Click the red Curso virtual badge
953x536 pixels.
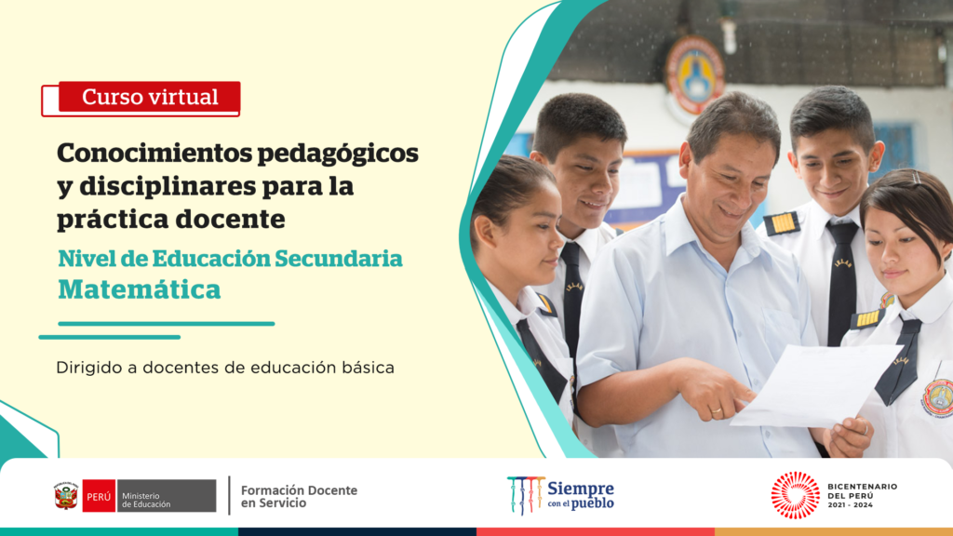(x=149, y=97)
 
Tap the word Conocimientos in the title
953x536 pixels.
(x=154, y=153)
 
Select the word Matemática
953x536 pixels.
(x=140, y=289)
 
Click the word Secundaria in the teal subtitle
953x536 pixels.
(x=339, y=259)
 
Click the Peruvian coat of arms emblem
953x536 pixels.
(x=66, y=496)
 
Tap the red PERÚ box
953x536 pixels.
(x=99, y=496)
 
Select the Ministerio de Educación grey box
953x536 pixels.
(x=167, y=496)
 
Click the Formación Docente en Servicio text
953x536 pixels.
(x=299, y=497)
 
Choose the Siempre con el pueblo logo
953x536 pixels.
(x=560, y=495)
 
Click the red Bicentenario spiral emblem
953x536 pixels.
(x=795, y=495)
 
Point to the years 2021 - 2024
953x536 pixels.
(x=850, y=505)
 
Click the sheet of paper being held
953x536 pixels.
(x=815, y=385)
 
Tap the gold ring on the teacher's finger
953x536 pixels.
(x=717, y=411)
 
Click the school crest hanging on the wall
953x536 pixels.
(x=694, y=74)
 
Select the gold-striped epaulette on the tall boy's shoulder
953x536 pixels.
(x=782, y=223)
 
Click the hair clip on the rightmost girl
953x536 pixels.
(x=916, y=178)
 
